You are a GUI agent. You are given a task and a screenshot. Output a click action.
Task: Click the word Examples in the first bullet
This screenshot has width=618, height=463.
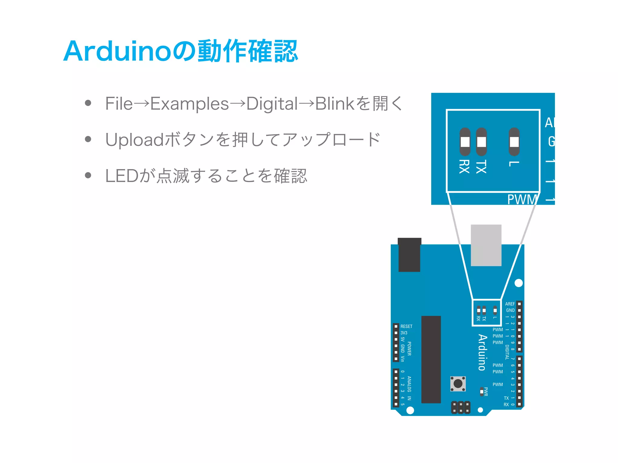pyautogui.click(x=190, y=104)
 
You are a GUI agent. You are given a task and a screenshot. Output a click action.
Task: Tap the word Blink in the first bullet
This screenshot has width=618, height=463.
pyautogui.click(x=334, y=104)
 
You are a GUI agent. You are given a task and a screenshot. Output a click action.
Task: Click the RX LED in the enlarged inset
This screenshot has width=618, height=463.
pyautogui.click(x=465, y=142)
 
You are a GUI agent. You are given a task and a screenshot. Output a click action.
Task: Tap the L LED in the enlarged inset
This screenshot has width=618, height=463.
pyautogui.click(x=514, y=142)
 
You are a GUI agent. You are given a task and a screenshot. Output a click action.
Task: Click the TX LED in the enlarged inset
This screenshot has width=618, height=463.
pyautogui.click(x=481, y=142)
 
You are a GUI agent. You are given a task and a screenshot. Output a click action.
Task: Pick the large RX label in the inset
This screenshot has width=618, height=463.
pyautogui.click(x=464, y=167)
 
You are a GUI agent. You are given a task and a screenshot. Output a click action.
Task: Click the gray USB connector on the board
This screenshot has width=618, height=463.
pyautogui.click(x=486, y=245)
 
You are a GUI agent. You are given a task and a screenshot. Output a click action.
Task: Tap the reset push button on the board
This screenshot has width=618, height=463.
pyautogui.click(x=458, y=384)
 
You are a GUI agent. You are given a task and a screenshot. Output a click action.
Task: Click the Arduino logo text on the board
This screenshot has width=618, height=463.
pyautogui.click(x=483, y=352)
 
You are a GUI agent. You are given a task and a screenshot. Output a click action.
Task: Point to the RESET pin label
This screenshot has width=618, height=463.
pyautogui.click(x=406, y=326)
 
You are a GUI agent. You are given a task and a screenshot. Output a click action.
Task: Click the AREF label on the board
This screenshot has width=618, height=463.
pyautogui.click(x=510, y=304)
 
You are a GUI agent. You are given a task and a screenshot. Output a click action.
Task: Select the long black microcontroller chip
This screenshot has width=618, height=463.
pyautogui.click(x=431, y=359)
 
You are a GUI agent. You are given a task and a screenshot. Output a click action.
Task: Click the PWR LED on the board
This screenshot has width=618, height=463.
pyautogui.click(x=482, y=392)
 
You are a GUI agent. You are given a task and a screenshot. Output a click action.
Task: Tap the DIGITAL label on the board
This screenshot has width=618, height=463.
pyautogui.click(x=507, y=352)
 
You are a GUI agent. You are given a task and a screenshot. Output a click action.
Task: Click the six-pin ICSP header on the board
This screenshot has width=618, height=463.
pyautogui.click(x=461, y=407)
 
